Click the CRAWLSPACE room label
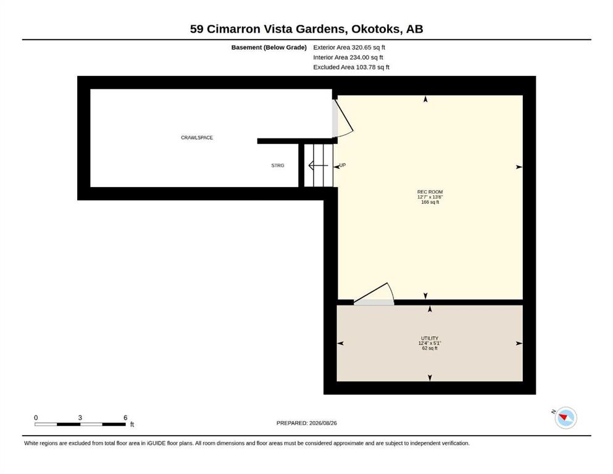coord(197,138)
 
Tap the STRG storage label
coord(278,165)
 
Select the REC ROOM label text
coord(430,192)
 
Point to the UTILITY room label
coord(430,338)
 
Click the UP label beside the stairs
coord(343,165)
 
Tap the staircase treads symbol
coord(319,165)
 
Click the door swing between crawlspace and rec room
coord(344,117)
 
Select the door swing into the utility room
coord(374,293)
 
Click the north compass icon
coord(565,418)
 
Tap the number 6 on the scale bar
coord(125,418)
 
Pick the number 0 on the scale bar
coord(36,418)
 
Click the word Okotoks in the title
coord(376,29)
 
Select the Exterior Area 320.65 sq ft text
coord(349,48)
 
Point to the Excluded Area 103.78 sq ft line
coord(351,67)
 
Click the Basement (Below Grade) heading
coord(269,48)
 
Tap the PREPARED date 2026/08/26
coord(323,423)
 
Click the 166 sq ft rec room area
coord(430,202)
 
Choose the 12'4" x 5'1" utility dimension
coord(430,343)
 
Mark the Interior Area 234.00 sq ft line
coord(348,57)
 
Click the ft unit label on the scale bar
coord(132,425)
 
